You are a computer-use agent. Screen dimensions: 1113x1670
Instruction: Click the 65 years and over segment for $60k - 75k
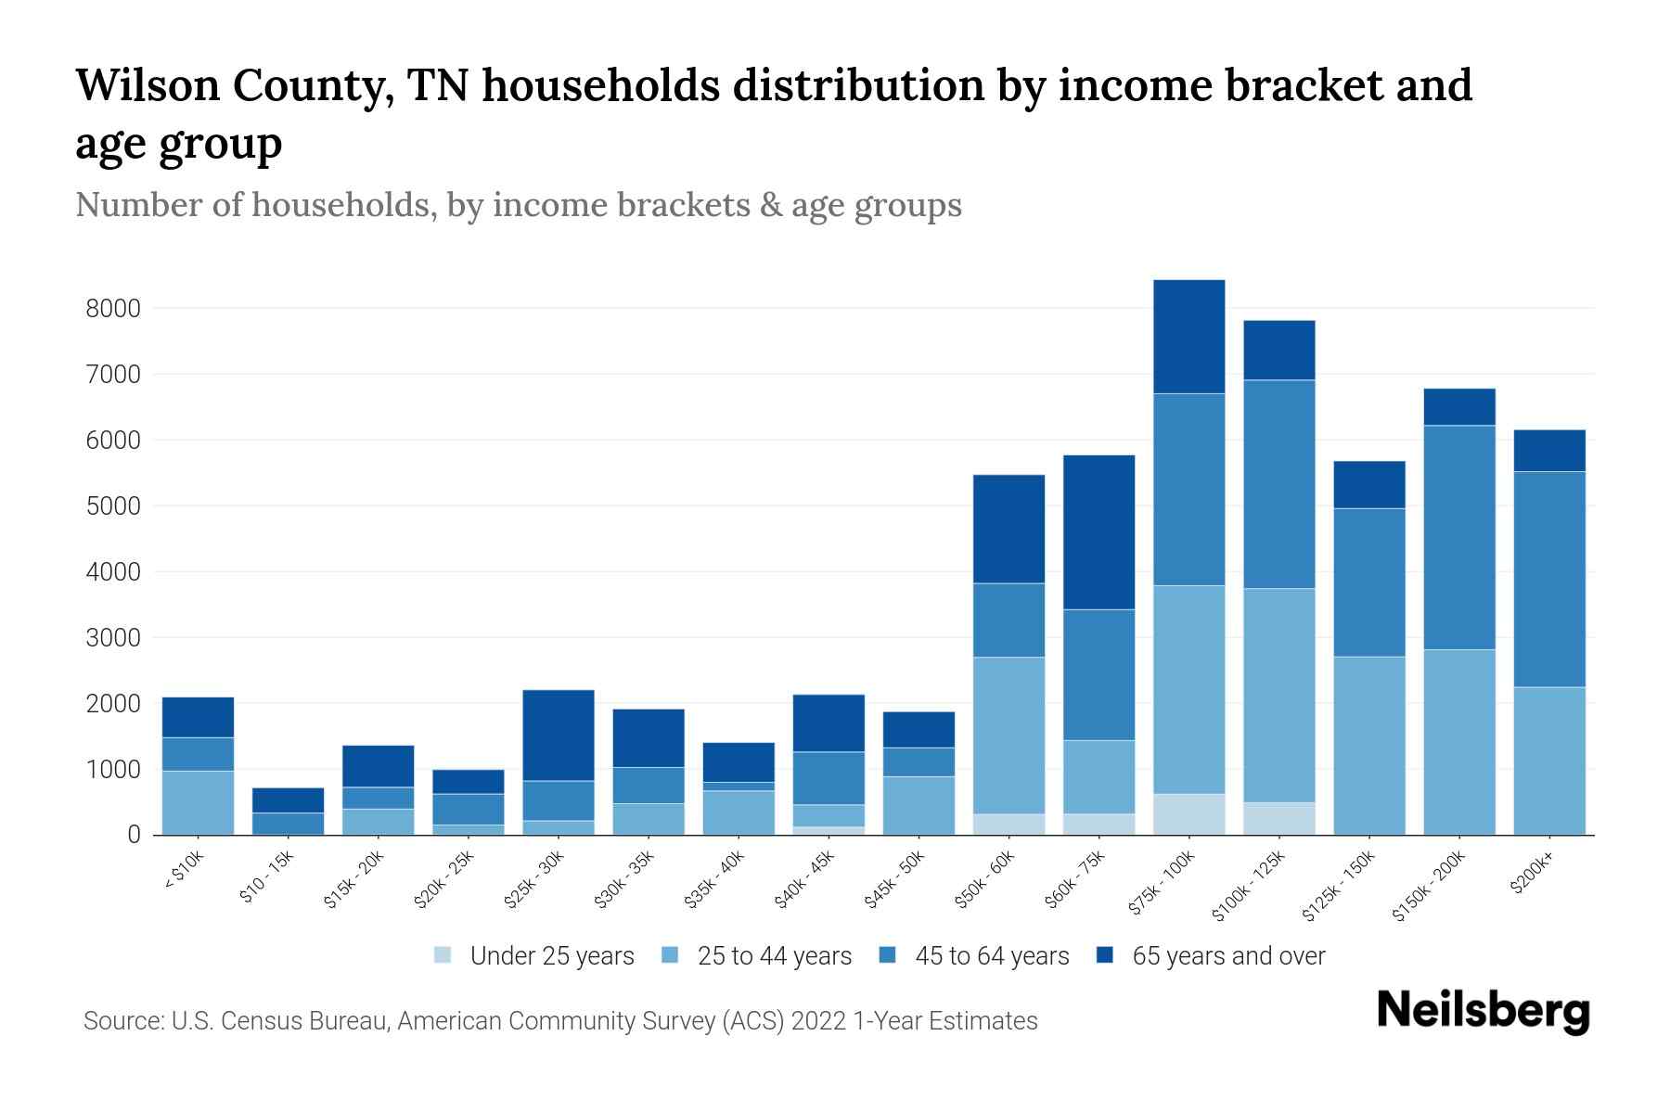click(1098, 531)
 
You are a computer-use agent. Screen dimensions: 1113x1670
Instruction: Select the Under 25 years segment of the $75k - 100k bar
click(1188, 814)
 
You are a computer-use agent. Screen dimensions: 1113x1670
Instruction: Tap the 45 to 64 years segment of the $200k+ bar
click(1549, 579)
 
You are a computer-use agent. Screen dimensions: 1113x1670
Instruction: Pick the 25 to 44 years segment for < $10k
click(198, 802)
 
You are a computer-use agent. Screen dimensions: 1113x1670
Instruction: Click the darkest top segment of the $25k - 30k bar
click(559, 735)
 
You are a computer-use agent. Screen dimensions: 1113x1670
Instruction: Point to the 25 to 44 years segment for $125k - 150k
click(1368, 746)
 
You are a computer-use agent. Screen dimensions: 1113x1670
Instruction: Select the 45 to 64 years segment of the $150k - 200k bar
click(1459, 537)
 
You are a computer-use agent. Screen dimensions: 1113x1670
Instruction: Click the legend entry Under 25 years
click(551, 956)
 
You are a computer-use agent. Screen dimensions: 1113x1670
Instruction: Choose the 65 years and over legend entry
click(1227, 956)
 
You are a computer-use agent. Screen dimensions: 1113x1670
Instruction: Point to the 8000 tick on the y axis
click(113, 309)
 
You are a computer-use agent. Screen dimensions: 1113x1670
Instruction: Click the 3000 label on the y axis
click(113, 638)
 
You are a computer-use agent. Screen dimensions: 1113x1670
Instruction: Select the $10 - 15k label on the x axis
click(267, 877)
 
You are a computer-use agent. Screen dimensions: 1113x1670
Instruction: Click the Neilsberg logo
click(1483, 1011)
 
